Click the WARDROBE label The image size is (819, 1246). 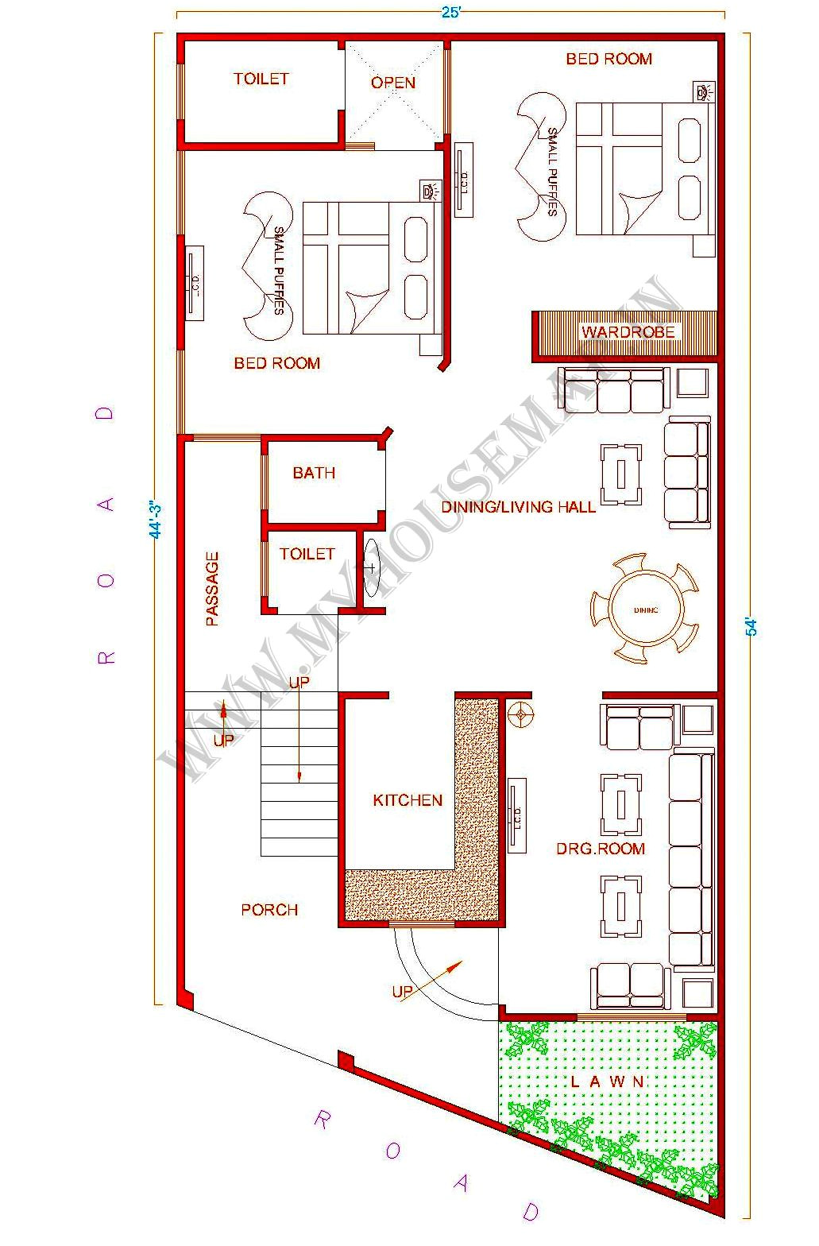tap(628, 332)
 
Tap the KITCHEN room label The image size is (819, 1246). tap(408, 800)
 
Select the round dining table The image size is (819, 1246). tap(645, 609)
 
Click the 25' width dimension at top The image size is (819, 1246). tap(450, 13)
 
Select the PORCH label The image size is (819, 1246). tap(269, 910)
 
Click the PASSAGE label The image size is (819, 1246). tap(212, 589)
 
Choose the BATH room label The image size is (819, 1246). tap(314, 473)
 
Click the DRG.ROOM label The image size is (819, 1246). tap(600, 849)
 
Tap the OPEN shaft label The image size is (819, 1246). tap(393, 83)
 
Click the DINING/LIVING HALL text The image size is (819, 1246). tap(518, 507)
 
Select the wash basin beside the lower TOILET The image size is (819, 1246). tap(371, 567)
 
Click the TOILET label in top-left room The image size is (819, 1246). tap(261, 79)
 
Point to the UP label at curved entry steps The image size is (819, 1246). tap(402, 992)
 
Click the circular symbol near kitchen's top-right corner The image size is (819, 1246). tap(521, 714)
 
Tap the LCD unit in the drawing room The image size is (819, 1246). tap(516, 817)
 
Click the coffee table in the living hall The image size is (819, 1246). tap(620, 474)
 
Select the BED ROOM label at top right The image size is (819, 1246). tap(608, 59)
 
